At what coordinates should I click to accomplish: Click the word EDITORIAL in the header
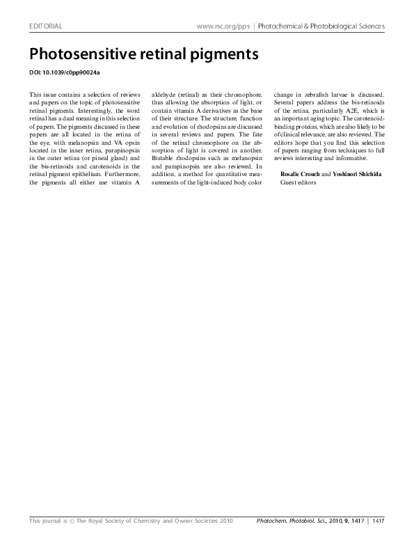click(46, 26)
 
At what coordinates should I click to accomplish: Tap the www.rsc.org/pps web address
click(223, 26)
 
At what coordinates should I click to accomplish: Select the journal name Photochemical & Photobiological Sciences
click(321, 26)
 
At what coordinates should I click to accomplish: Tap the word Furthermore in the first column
click(126, 174)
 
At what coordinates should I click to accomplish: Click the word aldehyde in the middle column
click(165, 94)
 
